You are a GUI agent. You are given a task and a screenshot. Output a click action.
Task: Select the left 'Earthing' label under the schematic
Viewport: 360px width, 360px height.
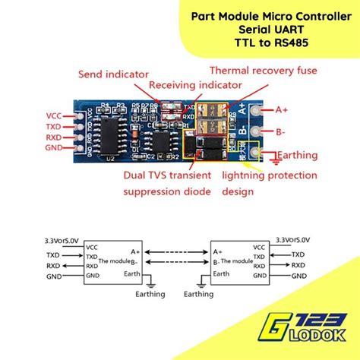152,293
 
